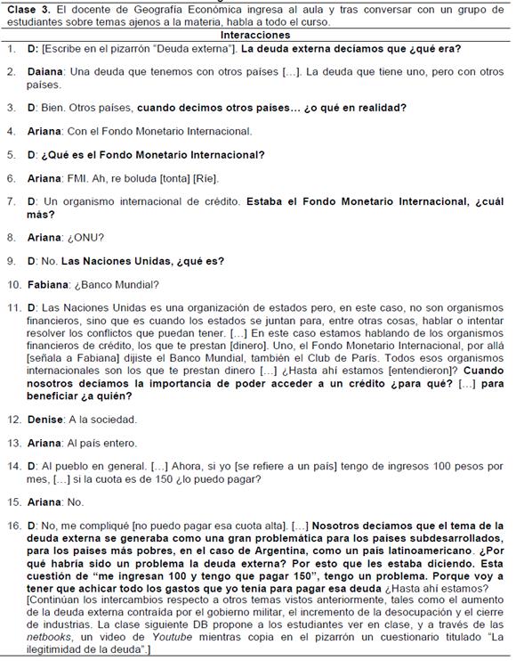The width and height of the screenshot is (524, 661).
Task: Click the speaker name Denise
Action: (x=49, y=419)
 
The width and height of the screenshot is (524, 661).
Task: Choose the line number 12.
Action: (x=13, y=419)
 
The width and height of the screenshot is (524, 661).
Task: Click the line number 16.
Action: (x=13, y=525)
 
